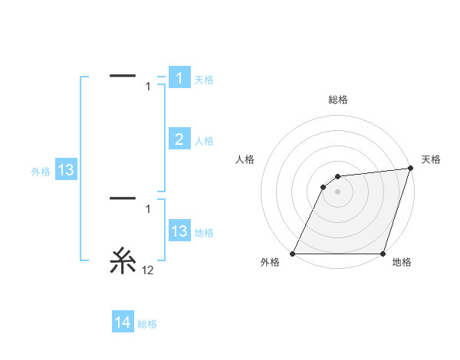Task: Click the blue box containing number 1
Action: (179, 78)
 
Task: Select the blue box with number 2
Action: (179, 139)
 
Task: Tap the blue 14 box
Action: (123, 322)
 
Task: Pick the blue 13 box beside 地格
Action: (179, 231)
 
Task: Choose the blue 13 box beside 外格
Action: (66, 170)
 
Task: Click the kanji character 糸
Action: (123, 262)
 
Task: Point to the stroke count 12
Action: (147, 270)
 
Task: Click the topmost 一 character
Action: (123, 76)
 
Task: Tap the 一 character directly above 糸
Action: (123, 198)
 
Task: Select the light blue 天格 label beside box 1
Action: (204, 80)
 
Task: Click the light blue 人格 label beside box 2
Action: (204, 141)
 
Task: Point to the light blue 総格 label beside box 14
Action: (147, 324)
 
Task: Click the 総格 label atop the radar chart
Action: (337, 100)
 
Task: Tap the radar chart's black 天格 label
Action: (431, 159)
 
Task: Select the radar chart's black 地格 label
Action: (402, 263)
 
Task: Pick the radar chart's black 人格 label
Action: (245, 159)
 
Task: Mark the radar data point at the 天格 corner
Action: (411, 169)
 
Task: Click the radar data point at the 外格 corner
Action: (293, 254)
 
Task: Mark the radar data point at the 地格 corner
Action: (383, 254)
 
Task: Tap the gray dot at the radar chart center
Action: (337, 191)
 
